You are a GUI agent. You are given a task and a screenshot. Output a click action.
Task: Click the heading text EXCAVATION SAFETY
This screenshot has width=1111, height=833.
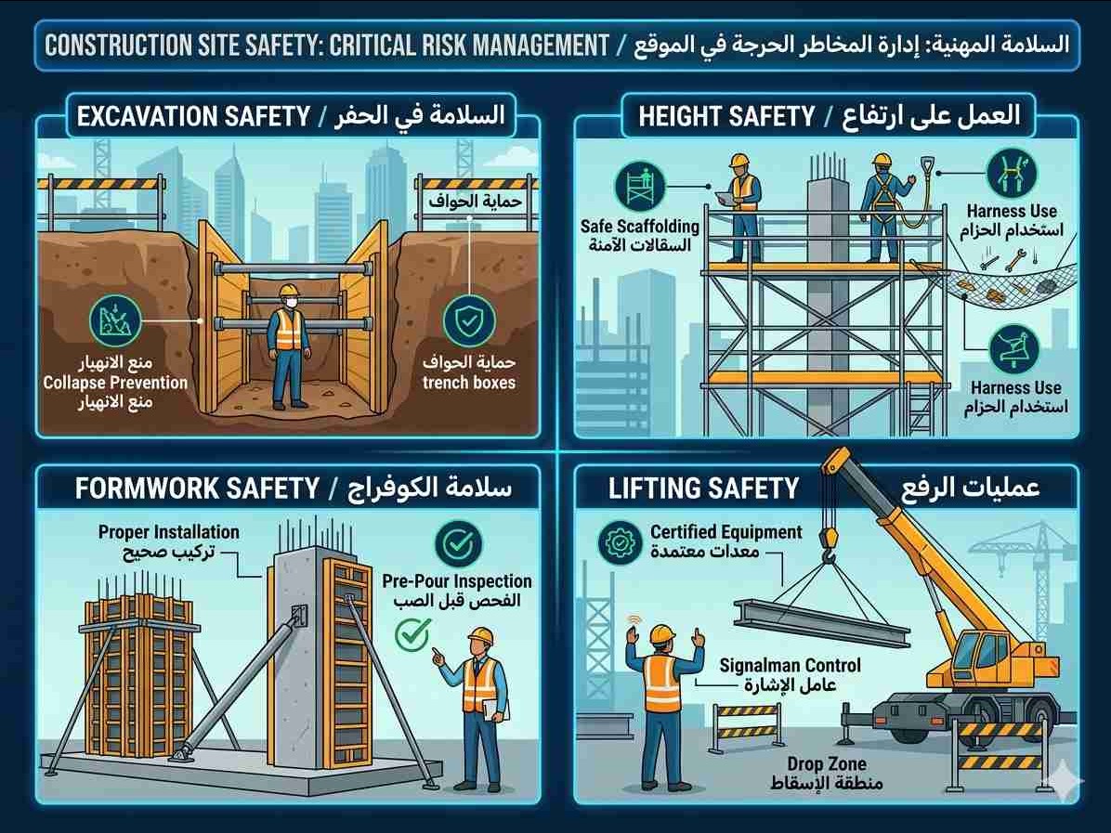point(193,116)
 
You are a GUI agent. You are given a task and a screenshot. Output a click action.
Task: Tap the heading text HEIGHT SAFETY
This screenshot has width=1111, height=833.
point(726,116)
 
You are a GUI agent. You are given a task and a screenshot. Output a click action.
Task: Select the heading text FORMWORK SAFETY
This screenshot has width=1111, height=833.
point(197,488)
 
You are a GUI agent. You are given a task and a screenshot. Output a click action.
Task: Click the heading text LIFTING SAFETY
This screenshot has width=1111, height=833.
point(703,488)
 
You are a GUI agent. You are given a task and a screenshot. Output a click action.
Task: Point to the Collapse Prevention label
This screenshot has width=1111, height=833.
point(115,383)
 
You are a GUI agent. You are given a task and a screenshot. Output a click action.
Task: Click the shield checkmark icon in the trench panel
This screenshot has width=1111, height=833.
point(468,321)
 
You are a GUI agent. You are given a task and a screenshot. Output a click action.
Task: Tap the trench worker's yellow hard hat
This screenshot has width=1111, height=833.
point(289,291)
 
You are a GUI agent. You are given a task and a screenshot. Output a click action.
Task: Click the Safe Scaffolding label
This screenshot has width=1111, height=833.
point(640,226)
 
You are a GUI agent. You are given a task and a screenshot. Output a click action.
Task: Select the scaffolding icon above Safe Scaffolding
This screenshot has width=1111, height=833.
point(640,187)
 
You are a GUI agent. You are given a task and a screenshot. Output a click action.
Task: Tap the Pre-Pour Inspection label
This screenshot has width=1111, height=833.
point(457,580)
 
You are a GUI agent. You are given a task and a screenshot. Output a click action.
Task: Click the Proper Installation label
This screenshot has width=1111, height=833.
point(169,532)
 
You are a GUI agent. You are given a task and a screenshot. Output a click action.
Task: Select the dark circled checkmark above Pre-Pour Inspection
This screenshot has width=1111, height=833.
point(459,544)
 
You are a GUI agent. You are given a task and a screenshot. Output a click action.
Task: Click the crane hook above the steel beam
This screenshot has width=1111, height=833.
point(827,545)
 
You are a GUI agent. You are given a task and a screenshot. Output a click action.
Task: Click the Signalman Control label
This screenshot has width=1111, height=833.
point(790,665)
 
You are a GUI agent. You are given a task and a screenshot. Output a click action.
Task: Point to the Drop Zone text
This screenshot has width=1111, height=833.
point(827,763)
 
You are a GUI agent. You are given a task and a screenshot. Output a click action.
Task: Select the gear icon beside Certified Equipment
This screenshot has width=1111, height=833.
point(620,543)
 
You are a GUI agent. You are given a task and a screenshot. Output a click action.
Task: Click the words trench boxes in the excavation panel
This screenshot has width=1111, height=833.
point(469,383)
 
